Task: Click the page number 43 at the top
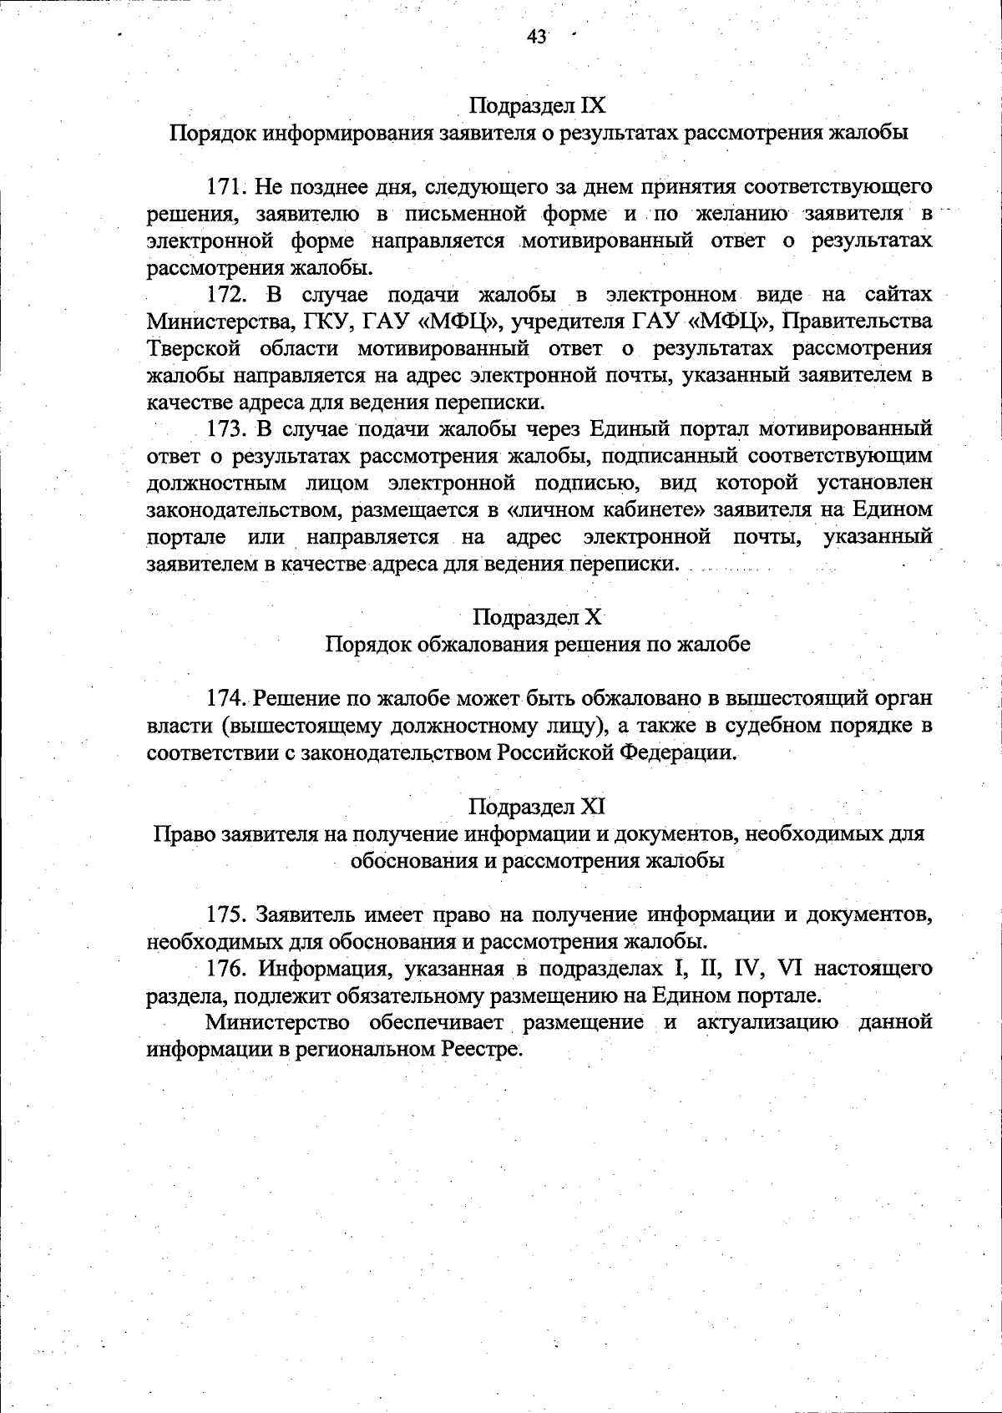536,36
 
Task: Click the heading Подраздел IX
537,105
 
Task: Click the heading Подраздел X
537,617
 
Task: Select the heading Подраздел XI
537,807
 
